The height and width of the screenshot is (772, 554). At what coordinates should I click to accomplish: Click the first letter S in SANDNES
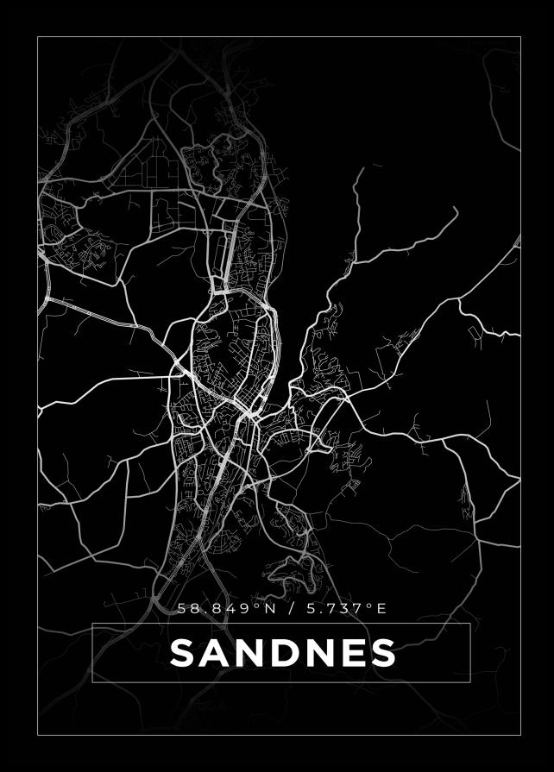coord(183,653)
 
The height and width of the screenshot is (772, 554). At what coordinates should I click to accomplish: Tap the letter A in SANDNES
coord(216,653)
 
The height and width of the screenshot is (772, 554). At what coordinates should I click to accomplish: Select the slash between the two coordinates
coord(292,609)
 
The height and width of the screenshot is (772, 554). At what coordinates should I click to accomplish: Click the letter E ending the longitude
coord(381,609)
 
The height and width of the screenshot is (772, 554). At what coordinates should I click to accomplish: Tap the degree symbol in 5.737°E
coord(370,606)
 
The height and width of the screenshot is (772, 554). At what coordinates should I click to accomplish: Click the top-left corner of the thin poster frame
coord(38,37)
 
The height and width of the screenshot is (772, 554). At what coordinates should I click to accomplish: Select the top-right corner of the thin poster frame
coord(520,37)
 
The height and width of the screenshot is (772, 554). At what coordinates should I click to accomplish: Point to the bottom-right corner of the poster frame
coord(520,735)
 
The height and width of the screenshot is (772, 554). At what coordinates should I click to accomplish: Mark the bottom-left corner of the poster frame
coord(38,735)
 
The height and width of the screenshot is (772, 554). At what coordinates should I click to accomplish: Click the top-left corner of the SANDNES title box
coord(92,624)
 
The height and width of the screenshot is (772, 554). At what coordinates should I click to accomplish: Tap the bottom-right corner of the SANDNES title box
coord(469,681)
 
